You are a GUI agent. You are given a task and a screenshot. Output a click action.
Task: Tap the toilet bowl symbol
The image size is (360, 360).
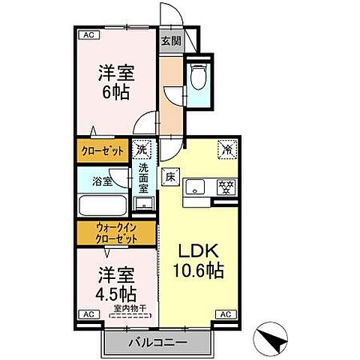tap(199, 78)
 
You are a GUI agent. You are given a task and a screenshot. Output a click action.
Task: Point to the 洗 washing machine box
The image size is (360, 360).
tap(142, 149)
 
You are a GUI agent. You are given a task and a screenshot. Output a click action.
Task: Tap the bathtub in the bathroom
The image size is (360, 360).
tap(102, 206)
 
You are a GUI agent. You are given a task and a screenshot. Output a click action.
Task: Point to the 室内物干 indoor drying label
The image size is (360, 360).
tap(128, 308)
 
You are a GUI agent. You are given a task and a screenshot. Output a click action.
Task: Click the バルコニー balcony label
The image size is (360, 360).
tap(157, 341)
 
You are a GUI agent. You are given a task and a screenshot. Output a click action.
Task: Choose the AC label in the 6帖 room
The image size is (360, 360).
tap(88, 34)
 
